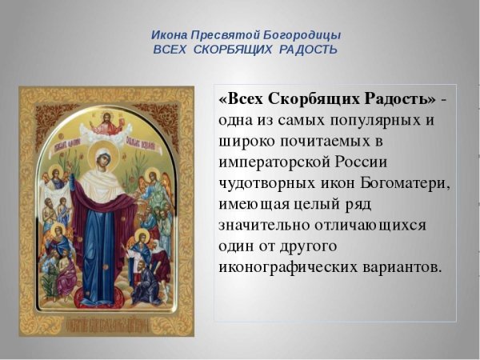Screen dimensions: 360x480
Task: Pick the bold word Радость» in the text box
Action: pos(398,98)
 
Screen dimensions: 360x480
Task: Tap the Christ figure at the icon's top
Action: pos(106,122)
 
